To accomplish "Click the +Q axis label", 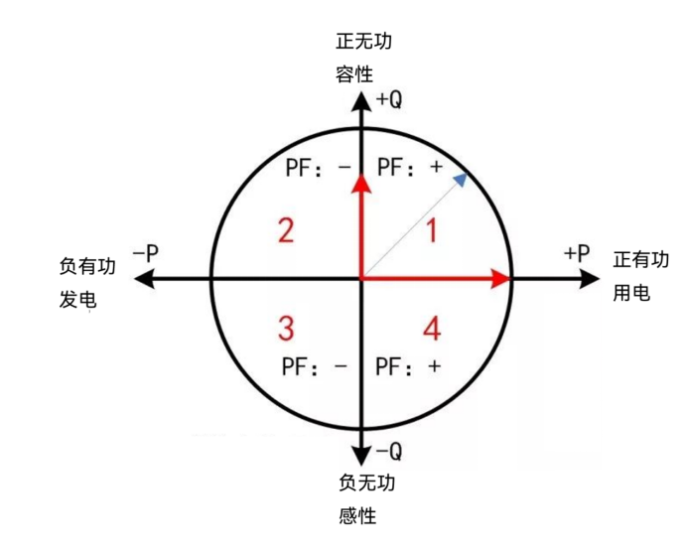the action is tap(389, 100).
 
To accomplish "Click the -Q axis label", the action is tap(389, 451).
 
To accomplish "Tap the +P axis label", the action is tap(577, 253).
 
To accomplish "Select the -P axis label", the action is tap(146, 253).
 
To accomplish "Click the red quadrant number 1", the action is tap(432, 230).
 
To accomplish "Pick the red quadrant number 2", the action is tap(286, 230).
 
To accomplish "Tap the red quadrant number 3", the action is tap(286, 328).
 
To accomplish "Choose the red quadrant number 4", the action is tap(432, 329).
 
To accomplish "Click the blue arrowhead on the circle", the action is tap(461, 180).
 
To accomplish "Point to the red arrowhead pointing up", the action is tap(362, 183).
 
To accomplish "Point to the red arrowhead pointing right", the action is tap(500, 279).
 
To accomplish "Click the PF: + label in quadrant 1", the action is tap(410, 167).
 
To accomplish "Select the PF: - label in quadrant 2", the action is tap(319, 168).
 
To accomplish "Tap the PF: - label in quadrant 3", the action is tap(315, 366).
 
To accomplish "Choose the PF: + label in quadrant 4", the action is tap(408, 366).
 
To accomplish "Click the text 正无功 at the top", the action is tap(363, 41).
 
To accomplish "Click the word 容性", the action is tap(354, 73).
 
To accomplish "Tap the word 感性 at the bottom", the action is tap(357, 515).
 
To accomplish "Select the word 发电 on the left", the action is tap(78, 300).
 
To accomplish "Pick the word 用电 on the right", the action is tap(631, 293).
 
